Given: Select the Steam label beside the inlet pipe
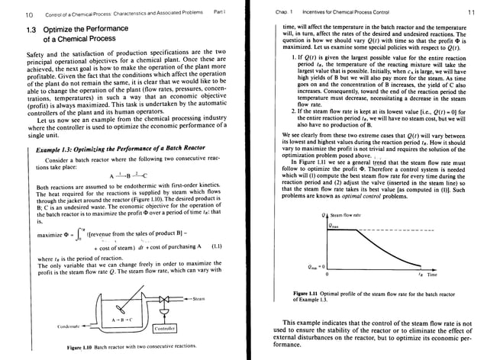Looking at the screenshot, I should click(202, 298).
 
